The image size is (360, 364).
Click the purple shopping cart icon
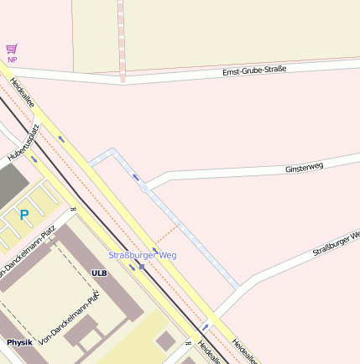[12, 49]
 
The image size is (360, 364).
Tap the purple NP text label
[12, 60]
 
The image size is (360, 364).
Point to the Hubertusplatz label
[24, 142]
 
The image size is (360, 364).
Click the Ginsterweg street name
[304, 168]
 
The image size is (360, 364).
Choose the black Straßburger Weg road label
[336, 240]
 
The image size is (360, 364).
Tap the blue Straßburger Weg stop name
[143, 255]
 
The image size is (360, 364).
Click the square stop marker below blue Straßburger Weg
[142, 266]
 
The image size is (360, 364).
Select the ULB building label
[99, 273]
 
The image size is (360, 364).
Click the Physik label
[19, 342]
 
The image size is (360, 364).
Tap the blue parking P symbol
[24, 216]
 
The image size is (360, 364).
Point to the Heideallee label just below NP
[23, 96]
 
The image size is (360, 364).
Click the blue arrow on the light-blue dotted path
[136, 177]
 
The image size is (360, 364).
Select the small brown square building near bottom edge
[164, 341]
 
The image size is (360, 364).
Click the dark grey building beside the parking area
[9, 185]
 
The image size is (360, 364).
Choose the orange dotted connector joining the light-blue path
[167, 236]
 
